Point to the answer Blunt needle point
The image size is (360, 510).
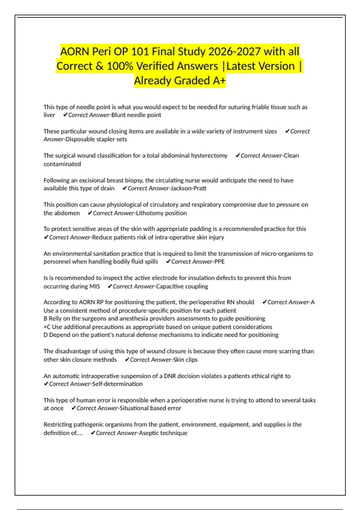136,115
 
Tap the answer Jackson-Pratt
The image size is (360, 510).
188,188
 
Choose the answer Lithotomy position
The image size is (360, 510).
161,213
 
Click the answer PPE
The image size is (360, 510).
219,262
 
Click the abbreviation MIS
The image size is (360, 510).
94,286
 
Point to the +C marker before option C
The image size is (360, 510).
47,327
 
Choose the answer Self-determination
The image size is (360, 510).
117,384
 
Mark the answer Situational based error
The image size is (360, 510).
150,408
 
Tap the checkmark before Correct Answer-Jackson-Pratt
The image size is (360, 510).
125,188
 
